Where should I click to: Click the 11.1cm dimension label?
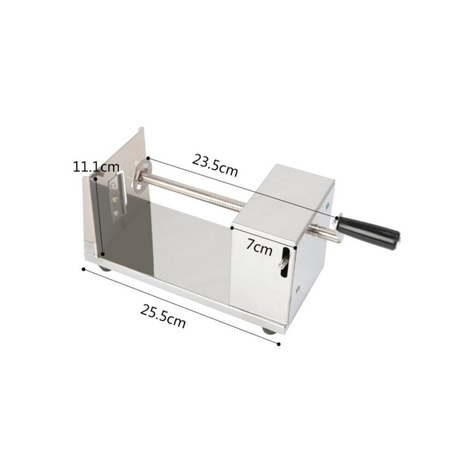point(96,167)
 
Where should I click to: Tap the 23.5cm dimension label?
point(215,165)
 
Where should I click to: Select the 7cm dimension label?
point(259,247)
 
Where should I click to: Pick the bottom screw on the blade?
point(117,213)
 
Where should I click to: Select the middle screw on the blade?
point(115,199)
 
